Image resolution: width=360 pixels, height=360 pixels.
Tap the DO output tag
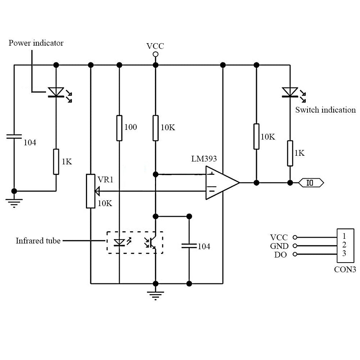(x=311, y=183)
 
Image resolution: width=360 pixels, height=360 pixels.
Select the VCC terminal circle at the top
(x=156, y=54)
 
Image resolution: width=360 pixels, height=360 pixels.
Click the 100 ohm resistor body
(x=119, y=128)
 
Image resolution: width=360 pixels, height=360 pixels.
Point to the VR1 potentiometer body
(x=91, y=191)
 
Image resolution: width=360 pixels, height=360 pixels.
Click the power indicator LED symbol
(x=56, y=92)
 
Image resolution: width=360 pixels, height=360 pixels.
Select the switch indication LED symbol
(x=290, y=92)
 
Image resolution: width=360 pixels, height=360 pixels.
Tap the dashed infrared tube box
(x=135, y=243)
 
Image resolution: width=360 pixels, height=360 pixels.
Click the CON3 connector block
(x=344, y=245)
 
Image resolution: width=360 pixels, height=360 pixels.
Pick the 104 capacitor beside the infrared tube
(x=189, y=246)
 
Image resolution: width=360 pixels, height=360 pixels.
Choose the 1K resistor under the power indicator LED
(x=56, y=162)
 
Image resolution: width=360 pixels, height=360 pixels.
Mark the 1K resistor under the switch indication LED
(x=290, y=154)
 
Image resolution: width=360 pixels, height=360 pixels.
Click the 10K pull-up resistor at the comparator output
(x=256, y=136)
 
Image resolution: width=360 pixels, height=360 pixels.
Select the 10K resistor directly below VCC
(x=156, y=128)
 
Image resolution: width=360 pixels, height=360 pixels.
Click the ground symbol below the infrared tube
(x=156, y=295)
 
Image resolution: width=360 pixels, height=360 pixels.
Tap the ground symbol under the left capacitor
(x=14, y=203)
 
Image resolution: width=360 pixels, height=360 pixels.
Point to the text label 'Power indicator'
(x=36, y=43)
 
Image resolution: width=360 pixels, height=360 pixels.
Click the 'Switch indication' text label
(x=325, y=110)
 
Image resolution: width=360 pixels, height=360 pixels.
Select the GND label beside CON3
(x=279, y=246)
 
